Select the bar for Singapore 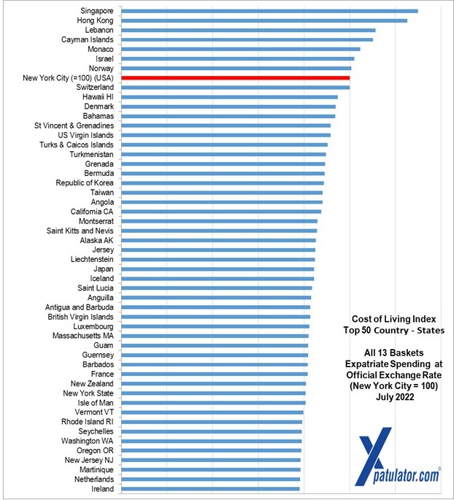269,11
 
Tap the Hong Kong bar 263,20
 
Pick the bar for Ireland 210,489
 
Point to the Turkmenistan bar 223,154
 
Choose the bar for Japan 218,269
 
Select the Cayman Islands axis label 87,39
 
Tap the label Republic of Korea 84,182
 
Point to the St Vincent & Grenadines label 74,126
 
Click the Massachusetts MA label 82,336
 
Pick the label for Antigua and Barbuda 79,307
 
